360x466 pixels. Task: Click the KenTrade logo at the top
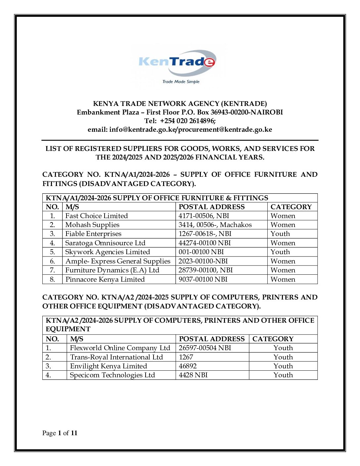point(178,62)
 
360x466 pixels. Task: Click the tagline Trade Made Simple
point(181,82)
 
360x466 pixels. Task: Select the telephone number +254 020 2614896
point(188,121)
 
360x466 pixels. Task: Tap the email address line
point(180,129)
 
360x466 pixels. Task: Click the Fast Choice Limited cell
point(96,216)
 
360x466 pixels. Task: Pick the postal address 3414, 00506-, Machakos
point(215,225)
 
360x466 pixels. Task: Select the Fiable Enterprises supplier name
point(93,234)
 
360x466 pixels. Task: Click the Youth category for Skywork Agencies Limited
point(280,252)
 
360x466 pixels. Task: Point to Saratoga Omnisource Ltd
point(105,243)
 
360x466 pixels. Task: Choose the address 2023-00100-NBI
point(203,261)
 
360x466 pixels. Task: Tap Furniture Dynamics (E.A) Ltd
point(112,270)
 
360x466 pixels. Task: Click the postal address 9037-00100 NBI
point(203,279)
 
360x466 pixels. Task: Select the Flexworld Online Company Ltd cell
point(120,348)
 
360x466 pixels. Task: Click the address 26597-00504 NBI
point(205,348)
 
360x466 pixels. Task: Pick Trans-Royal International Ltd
point(116,357)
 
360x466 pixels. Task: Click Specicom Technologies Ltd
point(112,375)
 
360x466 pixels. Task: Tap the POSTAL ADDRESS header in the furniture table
point(211,207)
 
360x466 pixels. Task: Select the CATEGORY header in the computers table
point(273,339)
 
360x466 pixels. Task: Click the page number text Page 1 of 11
point(60,433)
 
